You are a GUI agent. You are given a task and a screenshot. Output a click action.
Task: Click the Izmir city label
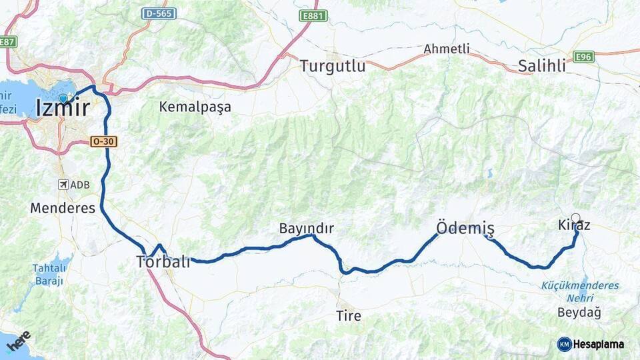[x=63, y=107]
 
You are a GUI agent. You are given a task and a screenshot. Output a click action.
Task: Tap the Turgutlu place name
[x=333, y=66]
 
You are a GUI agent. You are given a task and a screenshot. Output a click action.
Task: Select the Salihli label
[x=542, y=66]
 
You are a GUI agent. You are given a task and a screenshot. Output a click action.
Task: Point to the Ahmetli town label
[x=447, y=49]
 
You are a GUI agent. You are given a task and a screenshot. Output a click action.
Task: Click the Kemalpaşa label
[x=195, y=107]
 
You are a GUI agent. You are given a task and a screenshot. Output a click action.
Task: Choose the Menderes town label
[x=63, y=208]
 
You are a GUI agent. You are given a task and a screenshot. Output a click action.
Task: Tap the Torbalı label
[x=163, y=261]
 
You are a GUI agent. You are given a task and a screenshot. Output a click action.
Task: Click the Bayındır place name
[x=306, y=229]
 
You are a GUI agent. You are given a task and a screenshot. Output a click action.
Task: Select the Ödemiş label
[x=465, y=229]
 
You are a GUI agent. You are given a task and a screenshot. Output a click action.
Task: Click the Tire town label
[x=349, y=315]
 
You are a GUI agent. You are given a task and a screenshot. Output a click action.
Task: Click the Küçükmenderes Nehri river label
[x=580, y=291]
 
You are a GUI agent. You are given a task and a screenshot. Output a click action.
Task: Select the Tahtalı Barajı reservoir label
[x=49, y=275]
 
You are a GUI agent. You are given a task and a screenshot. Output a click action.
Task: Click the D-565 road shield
[x=159, y=13]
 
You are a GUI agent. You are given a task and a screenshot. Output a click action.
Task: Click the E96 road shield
[x=583, y=57]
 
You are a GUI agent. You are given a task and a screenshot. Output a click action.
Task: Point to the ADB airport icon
[x=64, y=185]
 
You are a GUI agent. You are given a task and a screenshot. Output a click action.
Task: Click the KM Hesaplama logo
[x=591, y=344]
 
